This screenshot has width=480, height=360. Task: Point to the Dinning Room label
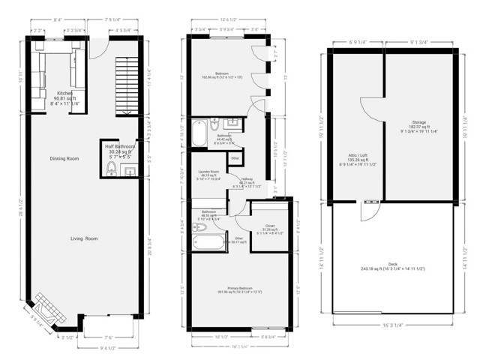click(64, 159)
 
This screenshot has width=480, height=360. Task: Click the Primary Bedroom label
click(237, 291)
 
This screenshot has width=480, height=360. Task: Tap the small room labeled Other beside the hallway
click(235, 158)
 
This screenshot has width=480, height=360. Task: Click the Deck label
click(394, 264)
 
